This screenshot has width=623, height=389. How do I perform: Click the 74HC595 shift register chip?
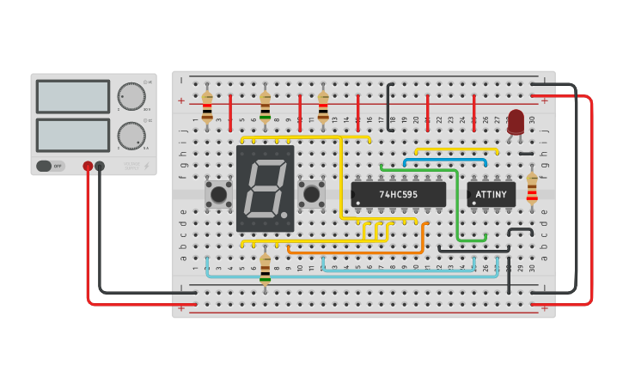click(398, 194)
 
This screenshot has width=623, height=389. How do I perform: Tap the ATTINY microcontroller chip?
click(492, 194)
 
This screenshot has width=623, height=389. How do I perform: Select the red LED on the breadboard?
click(516, 122)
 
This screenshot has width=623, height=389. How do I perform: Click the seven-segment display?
click(265, 188)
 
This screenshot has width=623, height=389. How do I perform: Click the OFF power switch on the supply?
click(51, 166)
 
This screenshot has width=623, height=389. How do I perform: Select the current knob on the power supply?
click(131, 136)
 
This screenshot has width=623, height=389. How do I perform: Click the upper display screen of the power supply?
click(73, 96)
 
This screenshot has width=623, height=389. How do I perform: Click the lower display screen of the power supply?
click(73, 135)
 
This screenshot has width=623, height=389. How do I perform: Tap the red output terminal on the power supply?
click(88, 166)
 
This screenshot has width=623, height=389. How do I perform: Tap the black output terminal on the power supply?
click(100, 166)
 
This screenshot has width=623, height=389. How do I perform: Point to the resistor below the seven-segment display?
click(265, 267)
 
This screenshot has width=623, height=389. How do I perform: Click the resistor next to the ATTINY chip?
click(532, 187)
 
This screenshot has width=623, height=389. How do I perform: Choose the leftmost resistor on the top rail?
click(207, 107)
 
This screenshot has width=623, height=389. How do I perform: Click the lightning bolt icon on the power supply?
click(145, 166)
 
